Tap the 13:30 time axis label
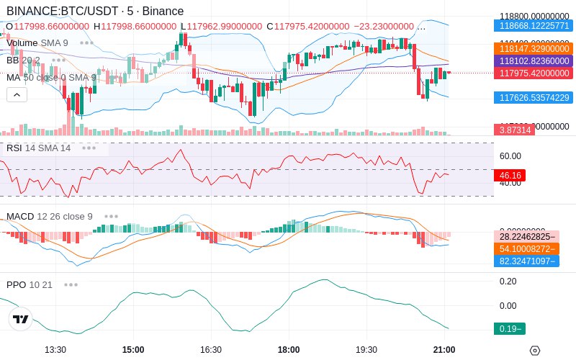coord(55,350)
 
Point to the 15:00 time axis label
coord(133,350)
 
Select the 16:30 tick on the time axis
coord(211,350)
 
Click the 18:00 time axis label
coord(289,350)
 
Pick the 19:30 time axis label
coord(366,350)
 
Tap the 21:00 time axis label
coord(444,350)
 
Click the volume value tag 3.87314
coord(514,130)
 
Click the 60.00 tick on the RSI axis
coord(510,156)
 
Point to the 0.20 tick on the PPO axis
coord(508,282)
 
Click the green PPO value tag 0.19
coord(508,329)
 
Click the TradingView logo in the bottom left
coord(21,320)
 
